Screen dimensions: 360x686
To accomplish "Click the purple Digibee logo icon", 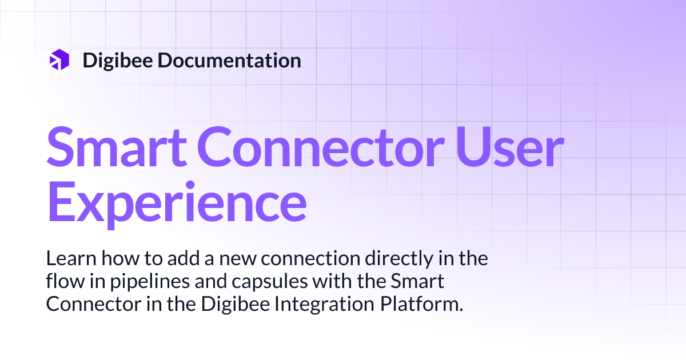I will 59,60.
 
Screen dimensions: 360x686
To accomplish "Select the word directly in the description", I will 396,259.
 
